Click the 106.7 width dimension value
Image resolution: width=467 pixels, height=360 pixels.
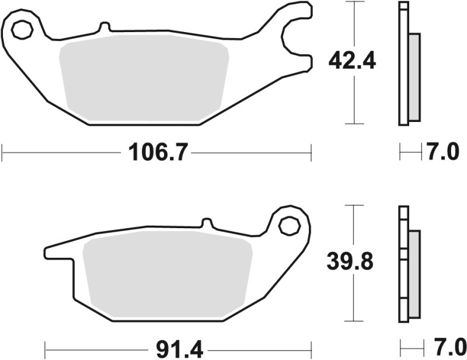[157, 153]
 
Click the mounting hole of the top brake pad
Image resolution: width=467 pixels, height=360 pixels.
[22, 29]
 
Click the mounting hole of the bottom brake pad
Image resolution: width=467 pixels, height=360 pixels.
[289, 225]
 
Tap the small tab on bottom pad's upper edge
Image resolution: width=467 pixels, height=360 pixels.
[206, 223]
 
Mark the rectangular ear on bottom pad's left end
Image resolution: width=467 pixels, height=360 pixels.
[58, 252]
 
